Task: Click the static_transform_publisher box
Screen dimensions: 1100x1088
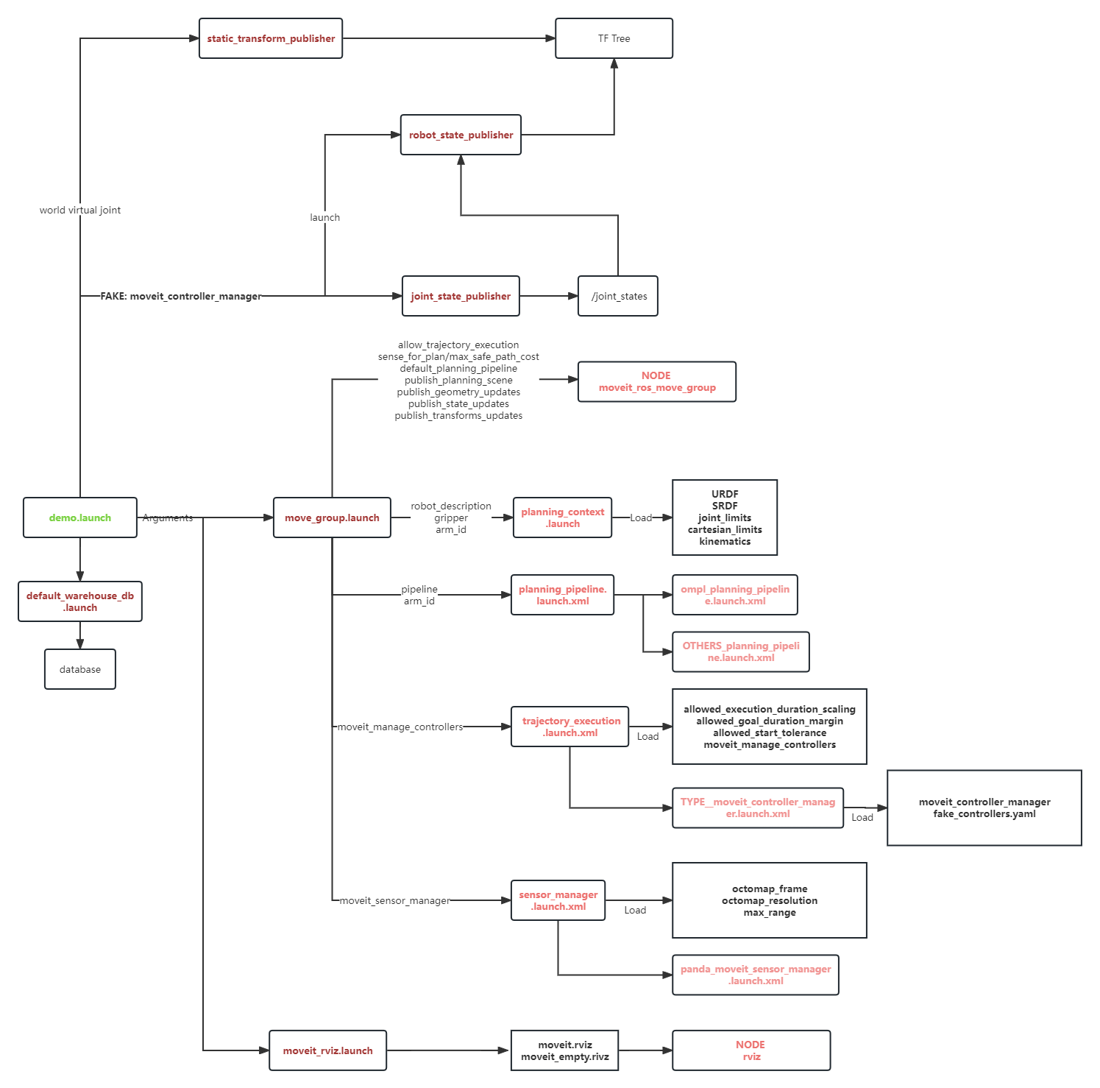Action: click(271, 38)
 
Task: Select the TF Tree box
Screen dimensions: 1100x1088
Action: click(614, 38)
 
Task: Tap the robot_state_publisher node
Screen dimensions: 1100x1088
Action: click(461, 135)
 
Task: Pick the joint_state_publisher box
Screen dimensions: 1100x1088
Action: click(461, 296)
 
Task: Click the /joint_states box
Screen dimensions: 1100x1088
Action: click(618, 296)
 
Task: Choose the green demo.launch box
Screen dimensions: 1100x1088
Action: click(80, 517)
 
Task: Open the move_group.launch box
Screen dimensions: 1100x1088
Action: click(332, 517)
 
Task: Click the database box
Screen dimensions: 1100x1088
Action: click(80, 669)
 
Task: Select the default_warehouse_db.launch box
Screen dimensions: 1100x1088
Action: click(80, 601)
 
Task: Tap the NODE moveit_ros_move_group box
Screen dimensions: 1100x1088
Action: click(656, 381)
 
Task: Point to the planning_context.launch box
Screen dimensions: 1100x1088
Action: click(562, 517)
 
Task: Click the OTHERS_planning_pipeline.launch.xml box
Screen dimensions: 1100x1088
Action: click(740, 651)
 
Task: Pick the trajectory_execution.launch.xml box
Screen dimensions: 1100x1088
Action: click(570, 727)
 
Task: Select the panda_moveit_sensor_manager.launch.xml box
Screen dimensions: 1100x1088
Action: click(755, 975)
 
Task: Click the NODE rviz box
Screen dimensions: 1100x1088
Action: click(751, 1050)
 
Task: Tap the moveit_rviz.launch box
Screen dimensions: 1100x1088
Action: click(327, 1050)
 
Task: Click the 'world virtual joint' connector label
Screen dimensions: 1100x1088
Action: click(79, 210)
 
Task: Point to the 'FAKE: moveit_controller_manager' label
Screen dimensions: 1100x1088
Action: click(181, 296)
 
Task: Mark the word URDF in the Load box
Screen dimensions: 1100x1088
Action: click(725, 494)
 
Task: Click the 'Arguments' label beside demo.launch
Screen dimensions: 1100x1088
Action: click(168, 517)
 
